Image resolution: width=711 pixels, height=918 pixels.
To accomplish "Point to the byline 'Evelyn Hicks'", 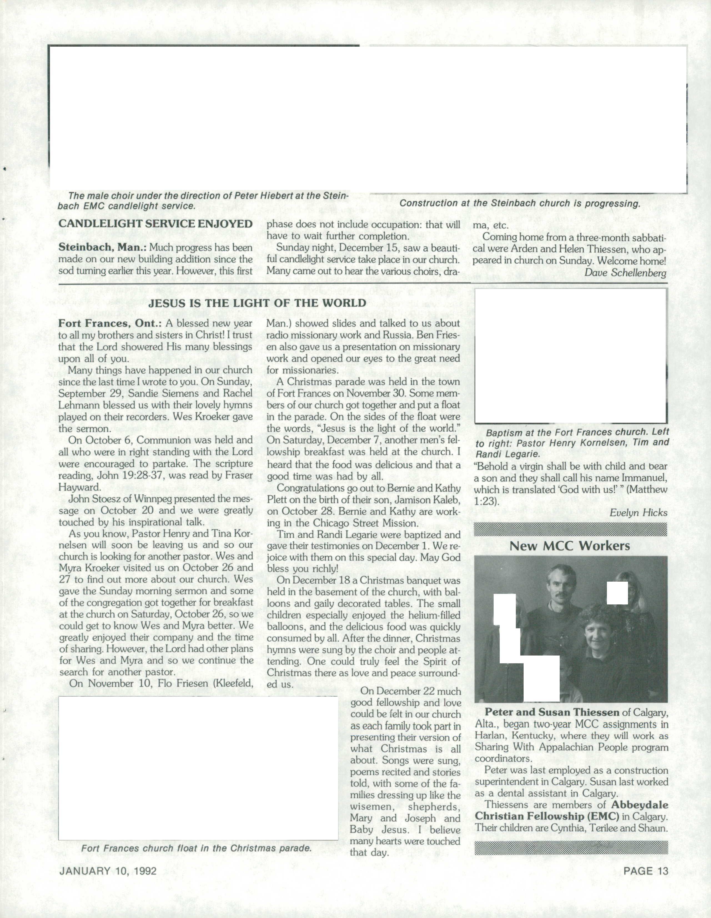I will coord(638,513).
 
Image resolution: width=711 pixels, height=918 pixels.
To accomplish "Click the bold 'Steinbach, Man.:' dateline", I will coord(102,247).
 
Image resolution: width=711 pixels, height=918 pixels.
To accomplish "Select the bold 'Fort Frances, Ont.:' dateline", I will coord(110,323).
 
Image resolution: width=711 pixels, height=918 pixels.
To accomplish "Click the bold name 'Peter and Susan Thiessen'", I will coord(552,712).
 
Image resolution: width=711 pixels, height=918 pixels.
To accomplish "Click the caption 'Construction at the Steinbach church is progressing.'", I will coord(520,203).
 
